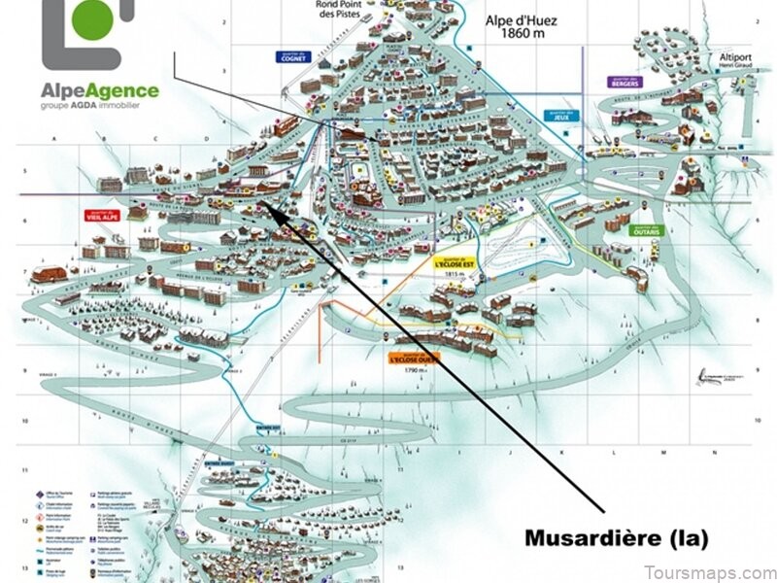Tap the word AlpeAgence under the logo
99,92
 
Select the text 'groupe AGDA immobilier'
99,110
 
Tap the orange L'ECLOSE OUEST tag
413,358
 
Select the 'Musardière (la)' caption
616,536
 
